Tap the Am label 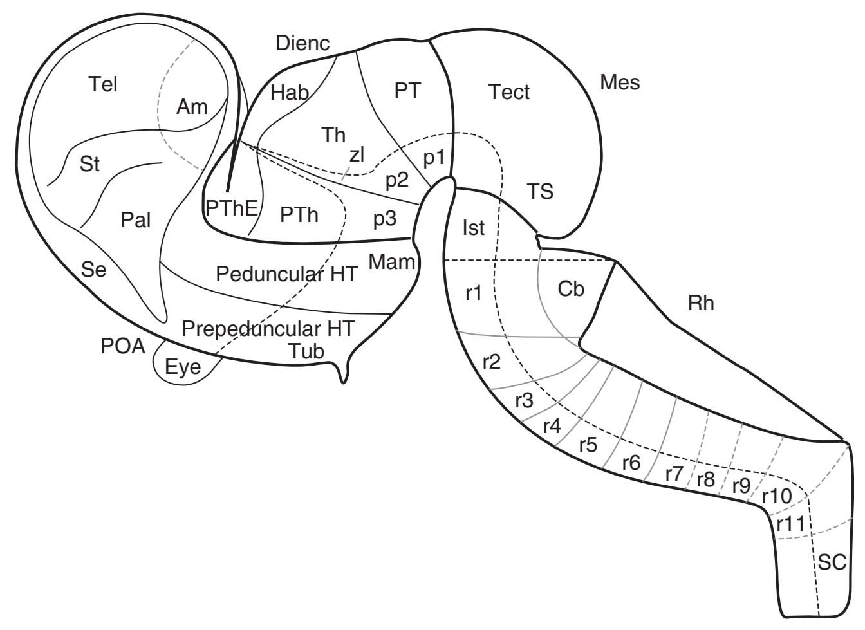tap(192, 106)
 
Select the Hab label tap(290, 93)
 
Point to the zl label tap(357, 154)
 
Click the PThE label tap(232, 207)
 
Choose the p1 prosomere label tap(433, 158)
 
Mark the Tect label tap(508, 92)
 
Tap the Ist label tap(473, 228)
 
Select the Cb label tap(570, 290)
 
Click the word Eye tap(183, 368)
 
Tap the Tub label tap(306, 350)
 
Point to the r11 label tap(790, 524)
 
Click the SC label tap(831, 562)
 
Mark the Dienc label tap(302, 44)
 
